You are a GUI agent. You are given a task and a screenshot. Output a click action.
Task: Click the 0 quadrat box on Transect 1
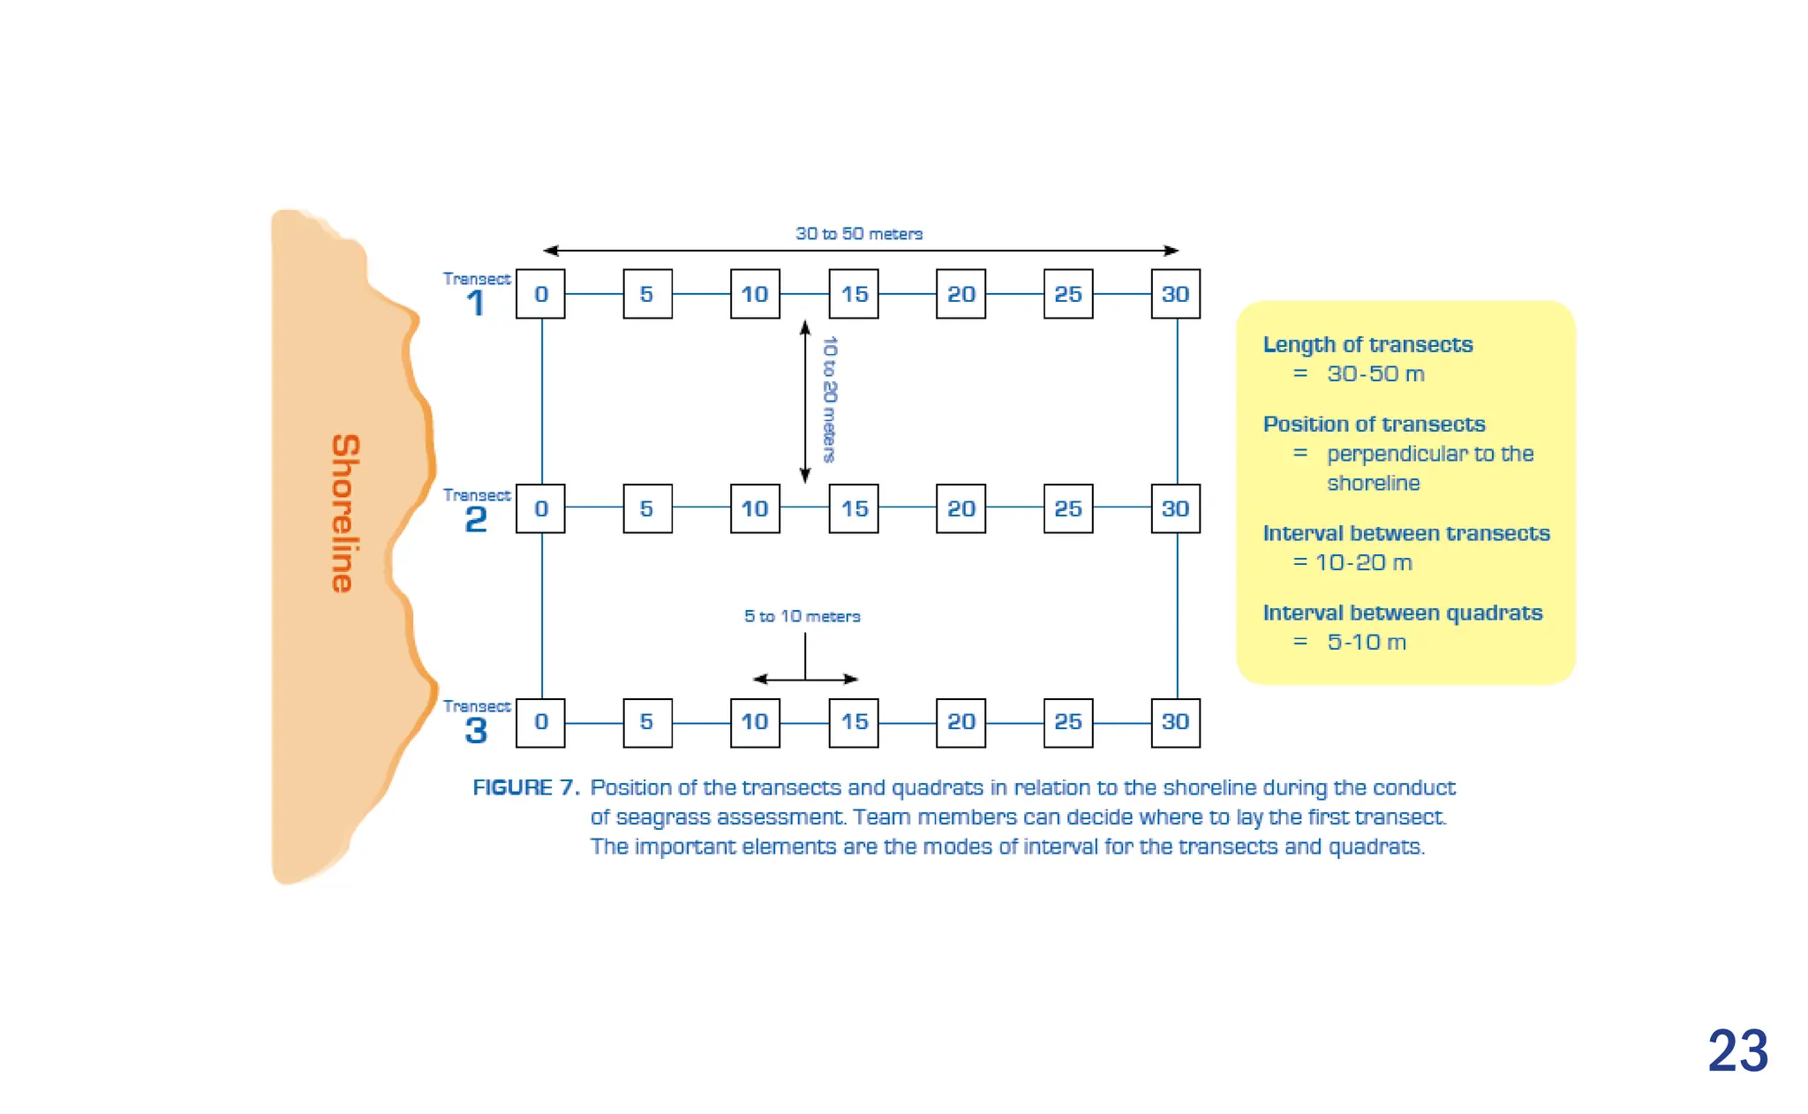(540, 294)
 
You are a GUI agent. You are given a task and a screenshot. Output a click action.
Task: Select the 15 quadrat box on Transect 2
(854, 508)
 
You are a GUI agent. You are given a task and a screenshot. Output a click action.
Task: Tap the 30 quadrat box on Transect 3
(1175, 722)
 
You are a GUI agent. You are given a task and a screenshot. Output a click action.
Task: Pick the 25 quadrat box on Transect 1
(1068, 294)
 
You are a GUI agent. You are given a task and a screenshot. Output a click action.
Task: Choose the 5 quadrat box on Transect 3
(647, 722)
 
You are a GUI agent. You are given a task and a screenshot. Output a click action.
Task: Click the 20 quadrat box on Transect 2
(960, 508)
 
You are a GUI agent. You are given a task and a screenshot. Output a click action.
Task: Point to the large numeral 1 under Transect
(476, 304)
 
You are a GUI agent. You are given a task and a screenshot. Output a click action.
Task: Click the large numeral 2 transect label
(476, 519)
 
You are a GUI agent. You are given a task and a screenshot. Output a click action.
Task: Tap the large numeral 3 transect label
(476, 730)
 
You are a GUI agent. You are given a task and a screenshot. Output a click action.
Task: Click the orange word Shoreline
(345, 513)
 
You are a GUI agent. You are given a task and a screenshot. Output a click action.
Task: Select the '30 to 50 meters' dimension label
(859, 234)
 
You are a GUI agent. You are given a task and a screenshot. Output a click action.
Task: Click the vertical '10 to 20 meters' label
(829, 399)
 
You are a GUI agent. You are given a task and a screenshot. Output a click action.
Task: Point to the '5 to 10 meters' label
(802, 616)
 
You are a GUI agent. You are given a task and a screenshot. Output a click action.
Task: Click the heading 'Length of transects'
(1367, 344)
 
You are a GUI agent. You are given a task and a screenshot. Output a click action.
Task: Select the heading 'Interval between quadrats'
(1402, 613)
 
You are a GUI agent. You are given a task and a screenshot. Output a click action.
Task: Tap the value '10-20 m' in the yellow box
(1364, 562)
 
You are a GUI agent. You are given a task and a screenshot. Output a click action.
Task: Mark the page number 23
(1737, 1050)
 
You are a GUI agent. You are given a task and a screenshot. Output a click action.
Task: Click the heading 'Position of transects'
(1374, 424)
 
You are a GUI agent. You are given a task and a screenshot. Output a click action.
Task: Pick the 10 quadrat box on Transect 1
(755, 294)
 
